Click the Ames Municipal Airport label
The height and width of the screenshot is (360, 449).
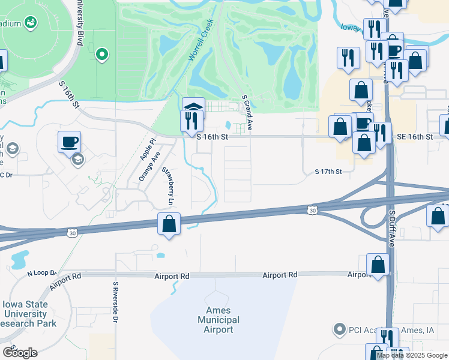click(x=218, y=320)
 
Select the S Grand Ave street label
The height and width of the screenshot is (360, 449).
click(x=246, y=113)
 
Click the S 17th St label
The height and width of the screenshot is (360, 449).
click(x=328, y=172)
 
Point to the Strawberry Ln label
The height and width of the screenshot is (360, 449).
click(x=167, y=187)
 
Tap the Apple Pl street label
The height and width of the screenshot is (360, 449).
click(x=147, y=149)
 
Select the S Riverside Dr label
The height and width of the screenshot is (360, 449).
click(x=114, y=301)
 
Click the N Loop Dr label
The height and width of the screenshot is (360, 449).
click(x=41, y=273)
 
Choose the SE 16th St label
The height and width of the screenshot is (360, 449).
click(x=415, y=137)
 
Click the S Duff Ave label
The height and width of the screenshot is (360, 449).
click(x=391, y=229)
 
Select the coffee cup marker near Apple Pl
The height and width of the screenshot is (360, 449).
click(x=69, y=142)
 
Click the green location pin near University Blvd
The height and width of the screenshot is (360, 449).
click(x=102, y=55)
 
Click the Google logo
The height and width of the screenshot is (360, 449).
click(x=20, y=352)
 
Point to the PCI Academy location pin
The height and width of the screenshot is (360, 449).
click(x=339, y=329)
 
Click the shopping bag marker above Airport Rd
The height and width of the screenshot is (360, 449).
click(x=378, y=264)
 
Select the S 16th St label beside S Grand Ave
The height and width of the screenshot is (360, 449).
click(x=213, y=137)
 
